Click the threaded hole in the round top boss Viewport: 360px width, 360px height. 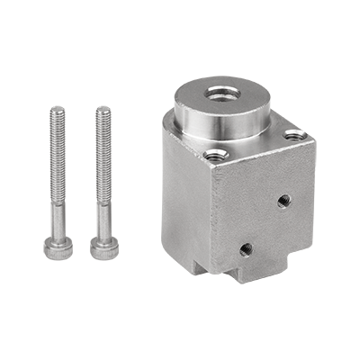[220, 93]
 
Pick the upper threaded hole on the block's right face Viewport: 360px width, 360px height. [284, 199]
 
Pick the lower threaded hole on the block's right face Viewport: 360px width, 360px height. [246, 247]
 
